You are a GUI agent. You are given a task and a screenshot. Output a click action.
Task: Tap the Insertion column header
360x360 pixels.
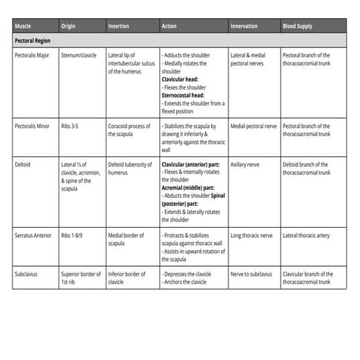pos(119,26)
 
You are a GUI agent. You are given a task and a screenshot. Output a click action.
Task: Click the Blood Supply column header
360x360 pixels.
pos(297,26)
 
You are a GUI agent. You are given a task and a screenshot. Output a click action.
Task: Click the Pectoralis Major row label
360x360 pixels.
pos(33,55)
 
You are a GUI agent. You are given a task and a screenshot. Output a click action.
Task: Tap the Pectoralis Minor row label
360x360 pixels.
pos(33,126)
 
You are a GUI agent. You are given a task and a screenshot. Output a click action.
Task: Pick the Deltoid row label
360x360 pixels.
pos(23,165)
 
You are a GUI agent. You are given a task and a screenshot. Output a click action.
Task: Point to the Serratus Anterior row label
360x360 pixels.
pos(33,236)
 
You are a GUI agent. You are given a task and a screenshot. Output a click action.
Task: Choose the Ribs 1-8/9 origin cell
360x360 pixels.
pos(76,236)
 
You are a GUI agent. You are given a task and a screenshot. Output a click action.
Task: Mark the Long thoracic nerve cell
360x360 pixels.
pos(252,236)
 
